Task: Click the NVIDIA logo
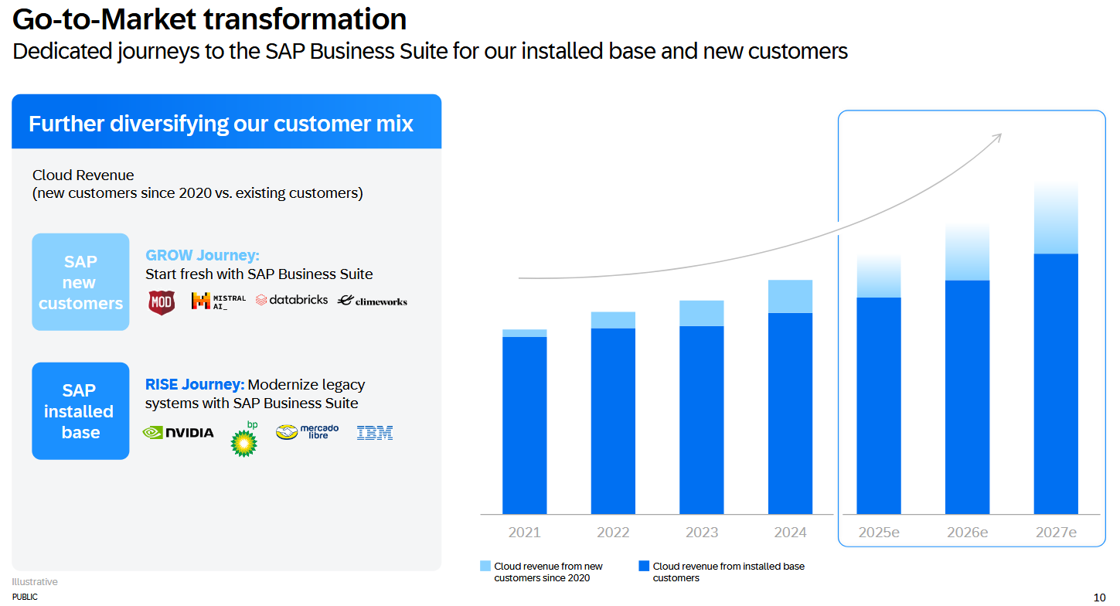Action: [x=179, y=432]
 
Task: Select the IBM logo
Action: [x=375, y=433]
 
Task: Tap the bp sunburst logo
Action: [x=245, y=441]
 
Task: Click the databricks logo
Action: [x=291, y=300]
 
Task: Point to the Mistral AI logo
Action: [x=218, y=301]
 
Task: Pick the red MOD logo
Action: [x=162, y=301]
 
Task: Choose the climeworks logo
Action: [x=373, y=301]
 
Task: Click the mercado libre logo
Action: [x=308, y=432]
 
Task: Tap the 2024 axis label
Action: [x=790, y=533]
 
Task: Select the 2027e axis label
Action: [x=1056, y=533]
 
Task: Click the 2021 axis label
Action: [x=525, y=533]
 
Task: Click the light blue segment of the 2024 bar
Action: [x=790, y=296]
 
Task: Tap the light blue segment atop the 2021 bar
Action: [x=525, y=333]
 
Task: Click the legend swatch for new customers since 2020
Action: [x=485, y=567]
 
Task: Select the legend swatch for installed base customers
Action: [x=644, y=567]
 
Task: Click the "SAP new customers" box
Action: [x=80, y=282]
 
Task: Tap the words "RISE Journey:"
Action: [x=195, y=384]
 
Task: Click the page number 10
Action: [x=1099, y=597]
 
